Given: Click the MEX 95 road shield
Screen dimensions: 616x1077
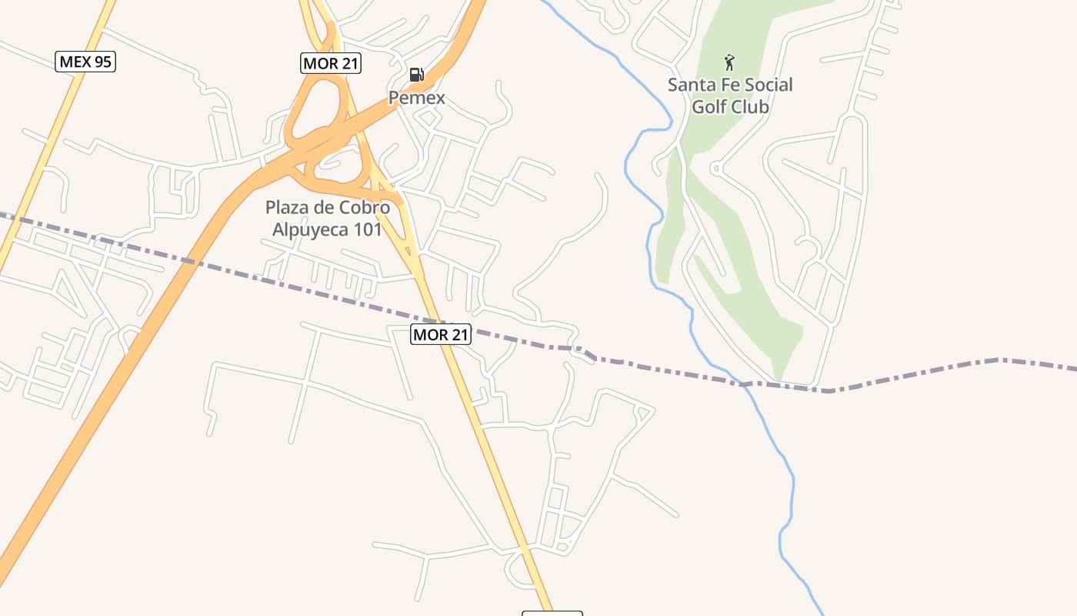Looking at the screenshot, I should [85, 62].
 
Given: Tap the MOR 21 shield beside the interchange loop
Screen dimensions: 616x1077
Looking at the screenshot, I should [331, 63].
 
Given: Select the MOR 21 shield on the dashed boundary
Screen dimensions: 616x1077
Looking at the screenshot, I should [440, 334].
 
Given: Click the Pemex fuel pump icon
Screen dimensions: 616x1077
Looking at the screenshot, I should [416, 74].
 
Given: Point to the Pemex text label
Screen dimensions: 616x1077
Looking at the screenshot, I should [416, 98].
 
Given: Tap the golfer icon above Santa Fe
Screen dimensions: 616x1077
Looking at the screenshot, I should [729, 62].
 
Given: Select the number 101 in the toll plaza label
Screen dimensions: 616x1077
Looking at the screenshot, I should [367, 229].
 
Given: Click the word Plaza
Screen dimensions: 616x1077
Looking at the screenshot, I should [288, 208].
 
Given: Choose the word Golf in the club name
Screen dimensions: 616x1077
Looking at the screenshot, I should [709, 106].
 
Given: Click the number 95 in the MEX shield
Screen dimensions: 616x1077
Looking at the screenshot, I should [102, 62].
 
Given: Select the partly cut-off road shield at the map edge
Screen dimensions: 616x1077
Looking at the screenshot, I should [552, 613].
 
